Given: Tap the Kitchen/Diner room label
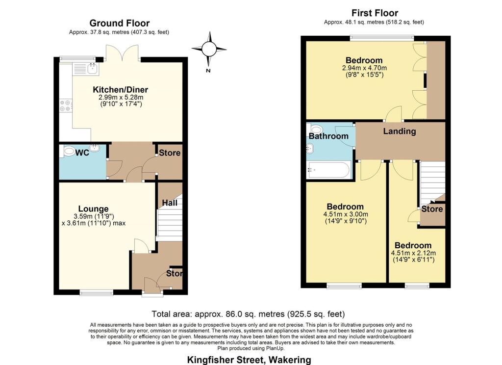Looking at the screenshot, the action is coord(121,89).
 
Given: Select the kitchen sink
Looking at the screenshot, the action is coord(86,69).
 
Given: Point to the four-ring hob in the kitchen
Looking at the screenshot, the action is coord(65,105).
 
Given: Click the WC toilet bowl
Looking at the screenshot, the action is coord(68,151).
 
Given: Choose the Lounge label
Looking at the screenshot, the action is coord(94,209).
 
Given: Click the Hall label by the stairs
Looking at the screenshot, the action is coord(170,203).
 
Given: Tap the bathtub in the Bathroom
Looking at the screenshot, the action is coord(328,170).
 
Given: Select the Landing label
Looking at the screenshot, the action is coord(400,131).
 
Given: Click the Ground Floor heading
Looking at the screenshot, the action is coord(120,23).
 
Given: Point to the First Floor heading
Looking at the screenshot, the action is coord(375,13).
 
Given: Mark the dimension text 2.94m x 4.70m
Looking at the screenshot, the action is coord(364,68).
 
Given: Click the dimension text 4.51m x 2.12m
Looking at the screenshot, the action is coord(413,253).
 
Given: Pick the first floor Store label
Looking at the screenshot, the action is coord(432,209).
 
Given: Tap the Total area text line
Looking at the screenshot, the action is coord(248,314).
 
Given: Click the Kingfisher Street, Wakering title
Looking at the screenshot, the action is coord(249,360).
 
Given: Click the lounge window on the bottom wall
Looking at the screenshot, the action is coord(97,292).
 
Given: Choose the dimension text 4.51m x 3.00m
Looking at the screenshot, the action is coord(345,214).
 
